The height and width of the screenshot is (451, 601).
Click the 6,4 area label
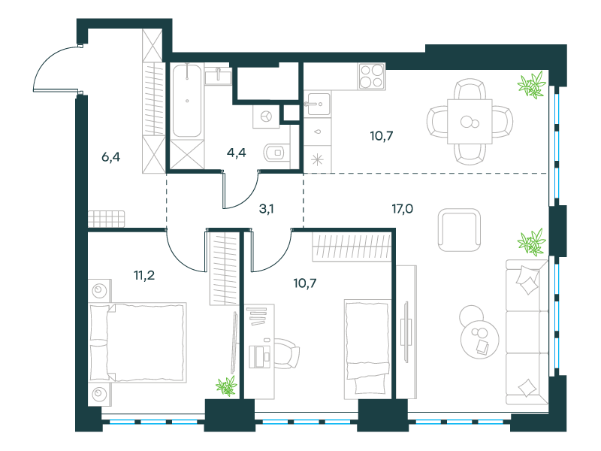point(110,157)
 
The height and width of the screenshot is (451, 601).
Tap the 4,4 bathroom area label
point(236,153)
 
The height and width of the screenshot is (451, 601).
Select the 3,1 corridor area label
point(267,209)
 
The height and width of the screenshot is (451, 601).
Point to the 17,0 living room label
point(402,209)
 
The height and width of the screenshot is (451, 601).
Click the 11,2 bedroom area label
point(144,275)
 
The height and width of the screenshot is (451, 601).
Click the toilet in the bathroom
point(276,153)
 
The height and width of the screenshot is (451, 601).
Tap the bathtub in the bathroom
point(186,101)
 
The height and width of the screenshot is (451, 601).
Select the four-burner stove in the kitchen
point(372,77)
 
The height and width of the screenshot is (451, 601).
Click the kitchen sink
point(318,104)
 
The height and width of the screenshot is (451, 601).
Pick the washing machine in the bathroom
point(266,116)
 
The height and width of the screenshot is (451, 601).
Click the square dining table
point(470,122)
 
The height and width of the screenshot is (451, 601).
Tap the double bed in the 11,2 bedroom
point(138,343)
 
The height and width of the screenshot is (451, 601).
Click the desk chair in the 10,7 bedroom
point(288,353)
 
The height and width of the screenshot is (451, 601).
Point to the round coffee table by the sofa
point(479,340)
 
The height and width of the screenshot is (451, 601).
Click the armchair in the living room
point(459,230)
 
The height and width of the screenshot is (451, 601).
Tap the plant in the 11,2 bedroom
point(227,386)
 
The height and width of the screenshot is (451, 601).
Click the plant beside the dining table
point(532,85)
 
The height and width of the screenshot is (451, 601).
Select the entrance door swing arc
point(44,63)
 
